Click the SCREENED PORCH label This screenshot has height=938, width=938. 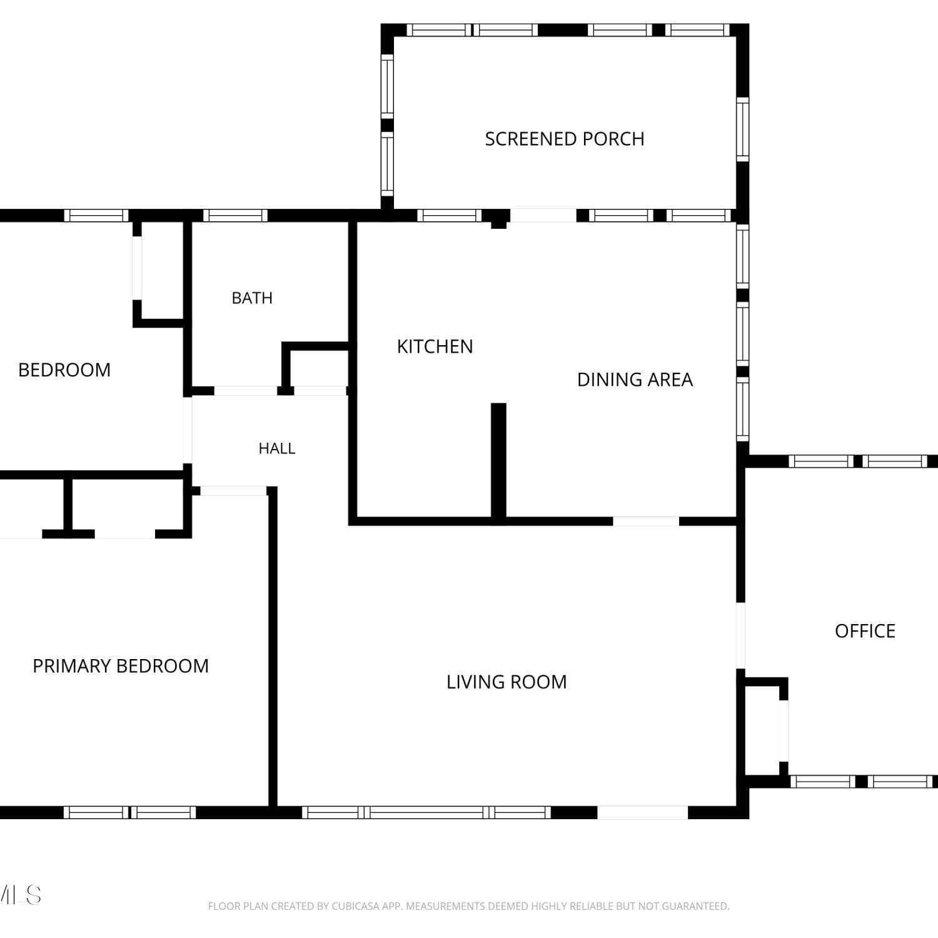coord(565,139)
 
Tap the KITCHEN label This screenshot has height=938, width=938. coord(435,346)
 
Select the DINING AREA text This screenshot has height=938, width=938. coord(635,380)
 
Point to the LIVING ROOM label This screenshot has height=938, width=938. coord(507,682)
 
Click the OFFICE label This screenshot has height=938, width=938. coord(865,631)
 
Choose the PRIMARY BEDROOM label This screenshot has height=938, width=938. coord(121,666)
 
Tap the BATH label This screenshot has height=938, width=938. coord(252,298)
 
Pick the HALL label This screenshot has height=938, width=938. coord(277,448)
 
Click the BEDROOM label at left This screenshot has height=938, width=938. coord(64,370)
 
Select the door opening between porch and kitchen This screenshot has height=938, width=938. coord(543,215)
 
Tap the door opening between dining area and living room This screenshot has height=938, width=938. coord(646,521)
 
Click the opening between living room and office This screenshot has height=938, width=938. coord(741,635)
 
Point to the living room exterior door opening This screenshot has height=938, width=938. coord(643,812)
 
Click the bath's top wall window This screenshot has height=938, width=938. coord(235,216)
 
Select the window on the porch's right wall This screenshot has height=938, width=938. coord(742,129)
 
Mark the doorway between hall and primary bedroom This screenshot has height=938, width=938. coord(233,491)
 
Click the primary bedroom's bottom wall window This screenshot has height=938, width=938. coord(130,812)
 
